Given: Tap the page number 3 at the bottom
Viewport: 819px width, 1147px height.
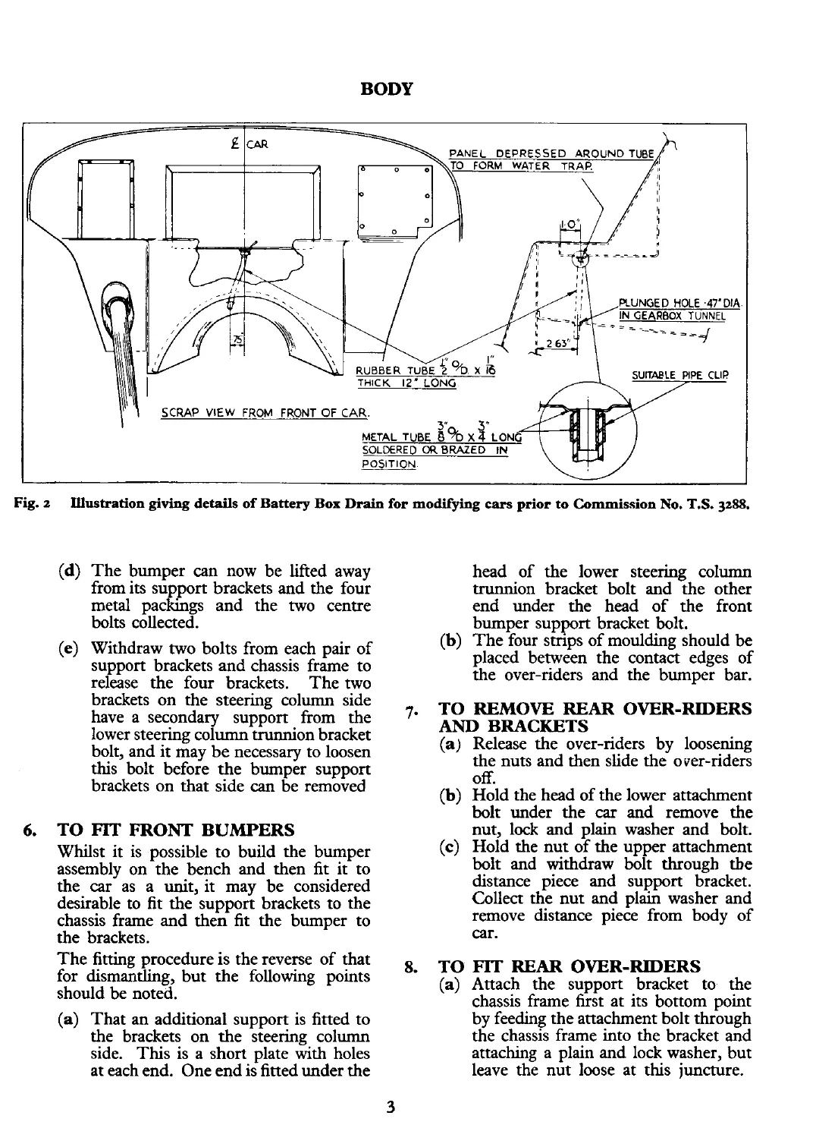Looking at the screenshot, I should tap(391, 1106).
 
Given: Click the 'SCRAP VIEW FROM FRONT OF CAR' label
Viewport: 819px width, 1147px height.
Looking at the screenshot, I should tap(265, 413).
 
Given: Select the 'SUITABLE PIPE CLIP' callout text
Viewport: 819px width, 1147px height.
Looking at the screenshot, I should tap(679, 374).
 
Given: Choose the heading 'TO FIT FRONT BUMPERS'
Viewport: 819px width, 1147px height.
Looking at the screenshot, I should tap(176, 829).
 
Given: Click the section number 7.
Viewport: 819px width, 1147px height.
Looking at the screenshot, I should tap(409, 712).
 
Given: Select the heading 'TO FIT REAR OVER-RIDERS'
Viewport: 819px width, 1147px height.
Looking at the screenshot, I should tap(570, 967).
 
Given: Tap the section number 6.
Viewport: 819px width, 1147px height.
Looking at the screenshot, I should tap(29, 829).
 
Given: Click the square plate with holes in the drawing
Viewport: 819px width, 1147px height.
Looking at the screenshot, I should tap(394, 197).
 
